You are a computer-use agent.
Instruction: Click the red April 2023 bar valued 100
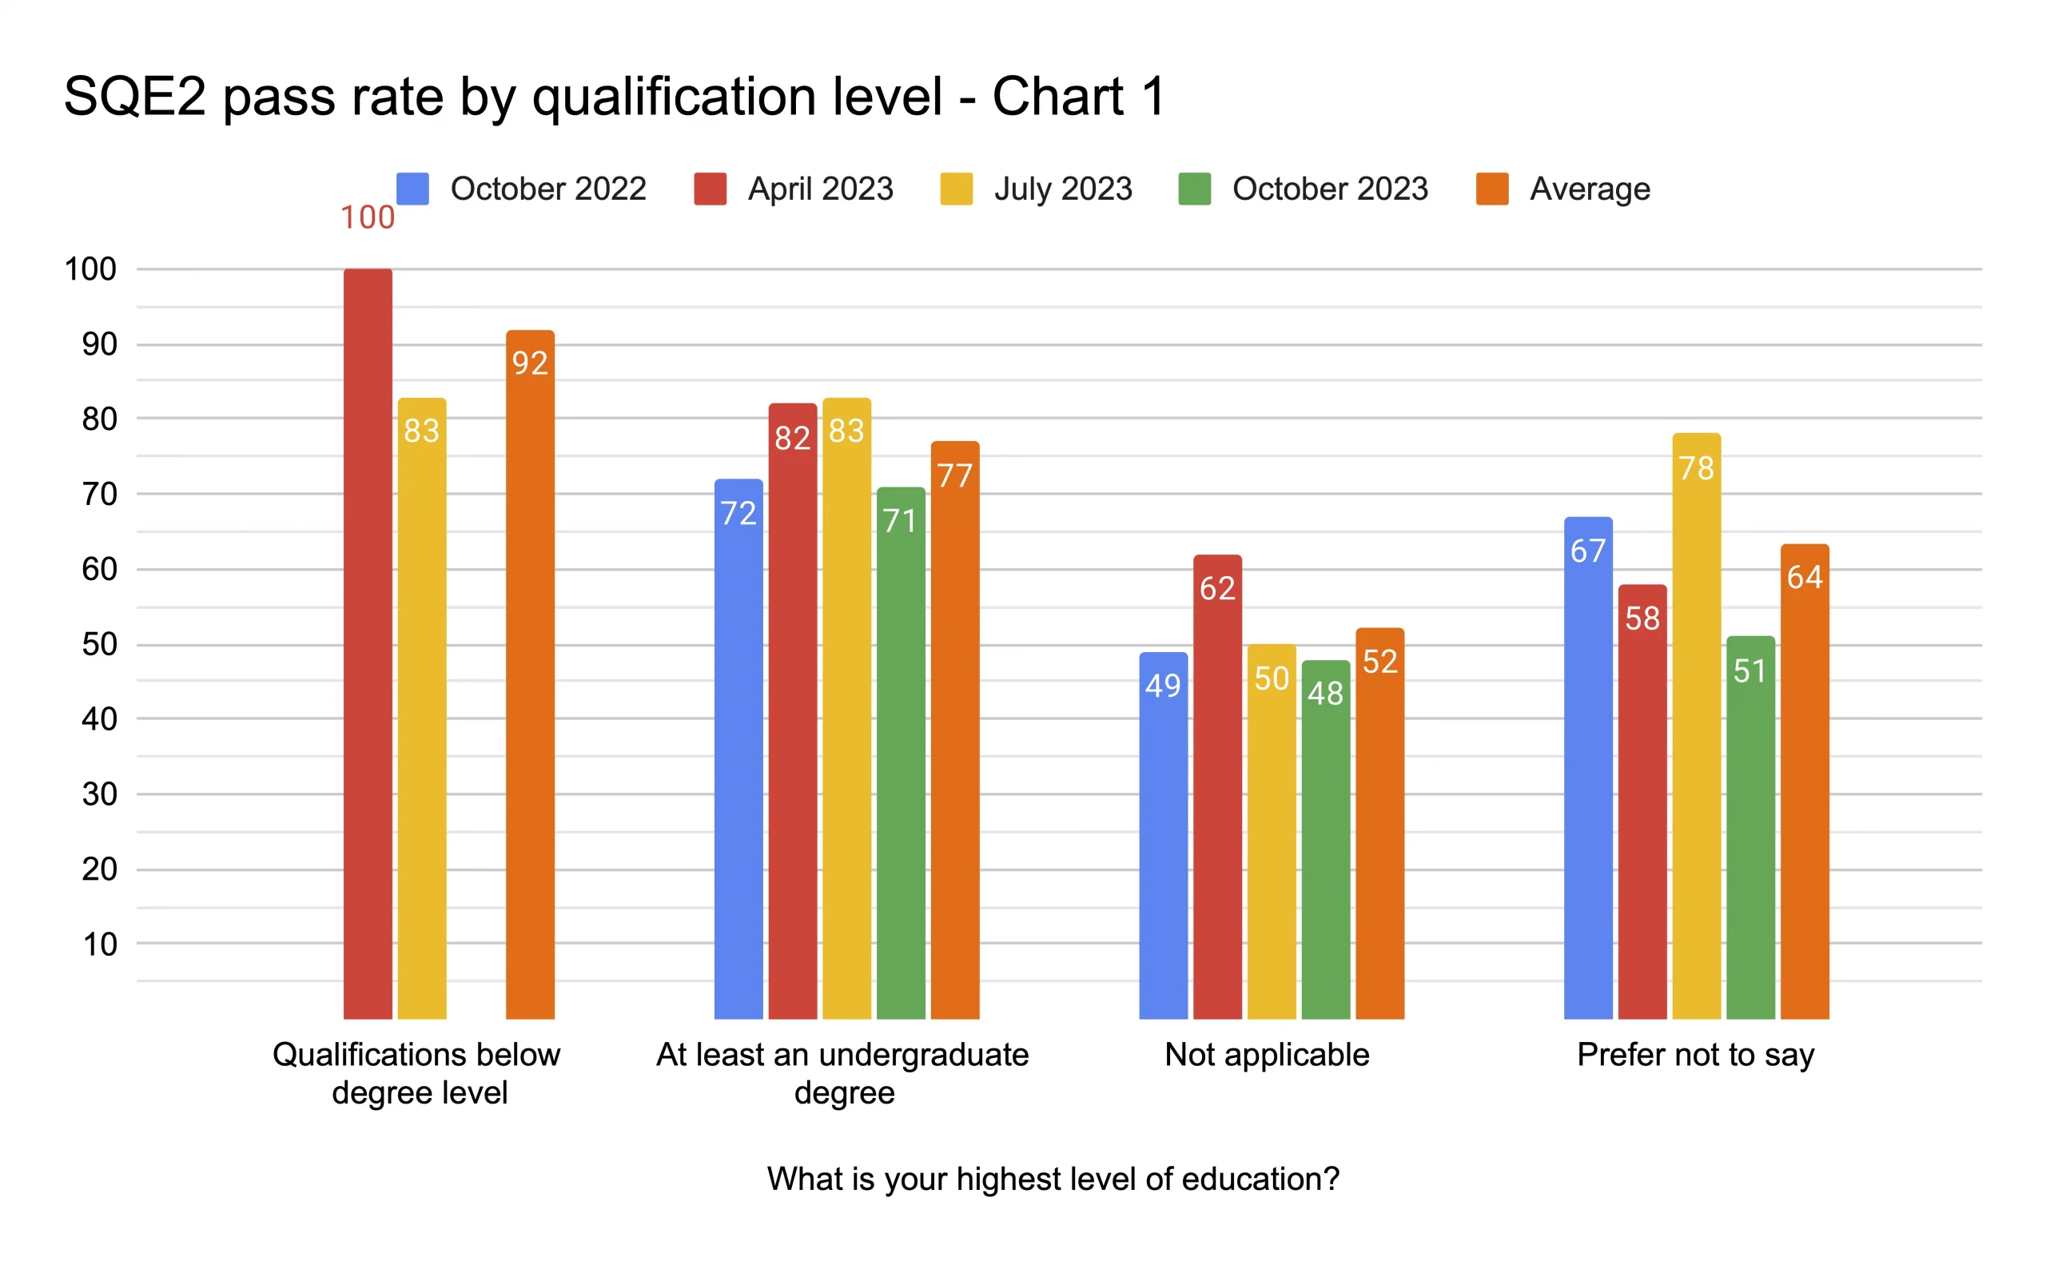pyautogui.click(x=368, y=642)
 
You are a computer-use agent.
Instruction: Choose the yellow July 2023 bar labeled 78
pyautogui.click(x=1696, y=726)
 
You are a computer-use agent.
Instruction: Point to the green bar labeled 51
pyautogui.click(x=1750, y=826)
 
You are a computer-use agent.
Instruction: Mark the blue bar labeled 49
pyautogui.click(x=1163, y=835)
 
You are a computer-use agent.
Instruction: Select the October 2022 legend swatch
pyautogui.click(x=413, y=189)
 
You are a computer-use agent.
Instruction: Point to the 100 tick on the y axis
pyautogui.click(x=90, y=269)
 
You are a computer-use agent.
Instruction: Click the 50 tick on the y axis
pyautogui.click(x=99, y=644)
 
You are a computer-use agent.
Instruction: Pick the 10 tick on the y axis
pyautogui.click(x=99, y=944)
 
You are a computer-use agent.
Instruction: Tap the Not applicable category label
pyautogui.click(x=1266, y=1054)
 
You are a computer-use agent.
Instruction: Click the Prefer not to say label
pyautogui.click(x=1695, y=1055)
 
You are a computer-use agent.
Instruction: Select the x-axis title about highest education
pyautogui.click(x=1053, y=1179)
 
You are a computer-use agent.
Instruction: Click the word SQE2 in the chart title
pyautogui.click(x=134, y=96)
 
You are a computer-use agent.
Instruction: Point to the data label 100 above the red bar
pyautogui.click(x=367, y=217)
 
